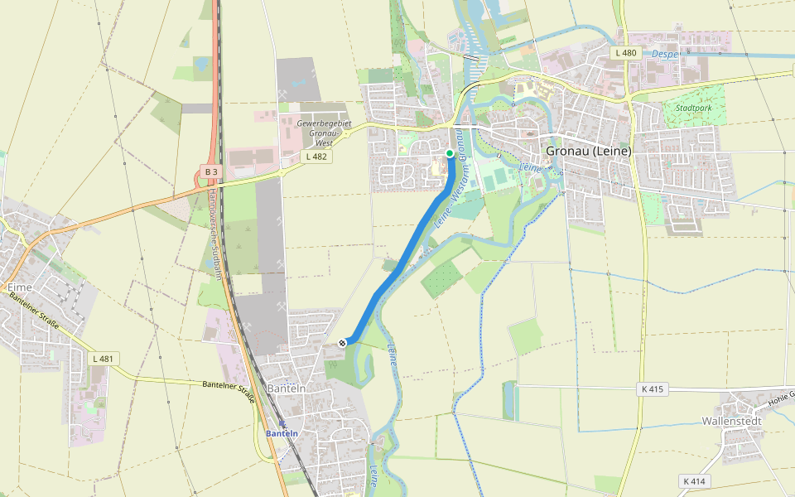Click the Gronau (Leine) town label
588,151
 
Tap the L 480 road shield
626,53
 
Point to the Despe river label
664,54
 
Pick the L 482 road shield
317,156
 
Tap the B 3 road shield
210,171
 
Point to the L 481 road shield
103,359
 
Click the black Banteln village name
287,388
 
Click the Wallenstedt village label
731,420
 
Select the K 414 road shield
693,481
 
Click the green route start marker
450,153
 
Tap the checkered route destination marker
343,342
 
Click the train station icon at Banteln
282,423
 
